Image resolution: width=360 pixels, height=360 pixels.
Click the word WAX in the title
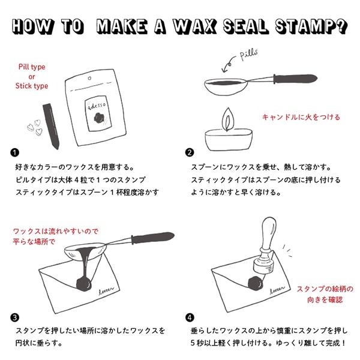185,26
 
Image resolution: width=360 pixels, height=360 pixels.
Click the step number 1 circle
14,152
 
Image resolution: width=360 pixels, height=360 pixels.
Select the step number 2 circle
190,152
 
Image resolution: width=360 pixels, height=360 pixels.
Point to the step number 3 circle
14,317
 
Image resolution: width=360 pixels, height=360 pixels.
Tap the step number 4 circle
190,317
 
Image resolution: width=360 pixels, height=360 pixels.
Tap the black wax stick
52,124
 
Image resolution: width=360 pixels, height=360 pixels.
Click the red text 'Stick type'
31,86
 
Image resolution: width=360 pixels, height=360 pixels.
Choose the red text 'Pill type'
31,67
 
